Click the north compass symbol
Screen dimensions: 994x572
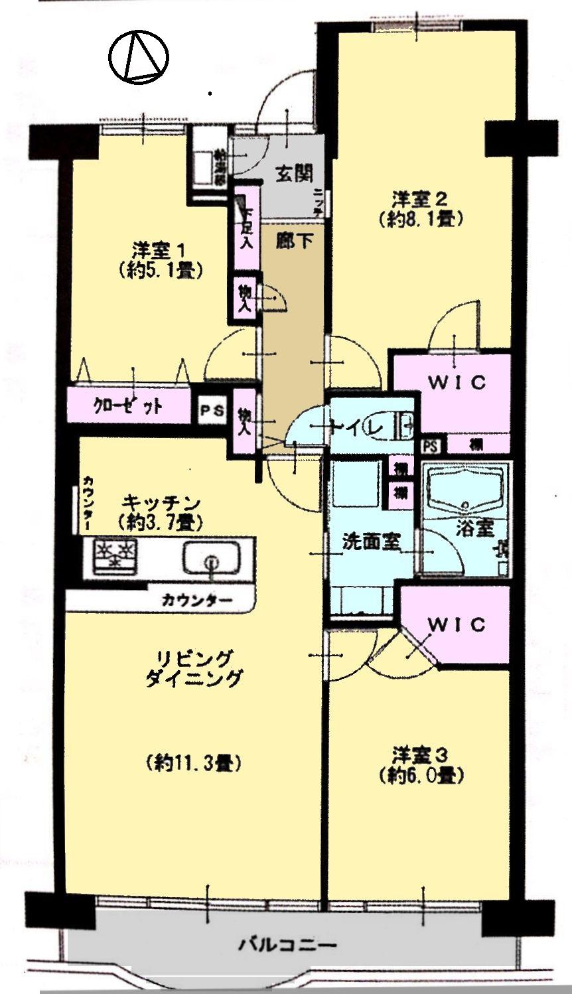click(139, 57)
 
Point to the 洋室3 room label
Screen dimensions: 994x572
click(421, 754)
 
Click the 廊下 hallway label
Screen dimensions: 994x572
click(294, 241)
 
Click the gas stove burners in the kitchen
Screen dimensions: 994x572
click(115, 553)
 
